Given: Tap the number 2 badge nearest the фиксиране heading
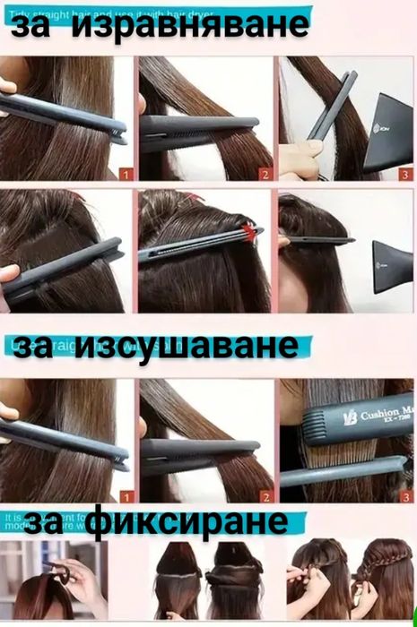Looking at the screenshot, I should (x=264, y=495).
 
